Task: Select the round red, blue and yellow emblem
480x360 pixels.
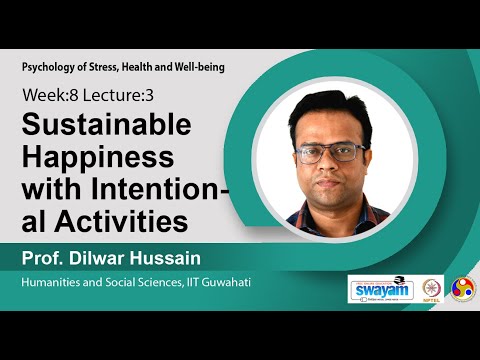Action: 463,289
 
